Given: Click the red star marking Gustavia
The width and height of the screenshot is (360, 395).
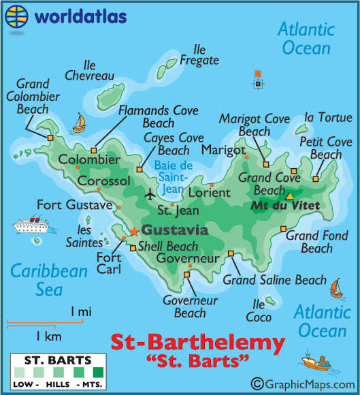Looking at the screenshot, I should click(x=134, y=231).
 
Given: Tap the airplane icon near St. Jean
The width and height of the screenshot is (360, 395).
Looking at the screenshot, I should click(x=150, y=195).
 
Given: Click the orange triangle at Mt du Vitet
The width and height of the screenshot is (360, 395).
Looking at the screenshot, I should click(x=289, y=196).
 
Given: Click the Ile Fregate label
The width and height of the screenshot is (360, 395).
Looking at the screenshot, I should click(x=199, y=55).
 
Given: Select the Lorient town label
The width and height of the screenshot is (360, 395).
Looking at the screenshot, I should click(x=209, y=193).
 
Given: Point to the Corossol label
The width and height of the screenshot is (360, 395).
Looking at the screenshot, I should click(x=103, y=181).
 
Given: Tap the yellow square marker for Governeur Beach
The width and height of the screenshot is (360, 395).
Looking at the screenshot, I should click(x=187, y=274).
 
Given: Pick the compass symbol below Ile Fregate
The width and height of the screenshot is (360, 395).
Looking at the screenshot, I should click(x=258, y=81).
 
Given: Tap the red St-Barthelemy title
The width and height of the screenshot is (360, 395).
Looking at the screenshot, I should click(x=197, y=342).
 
